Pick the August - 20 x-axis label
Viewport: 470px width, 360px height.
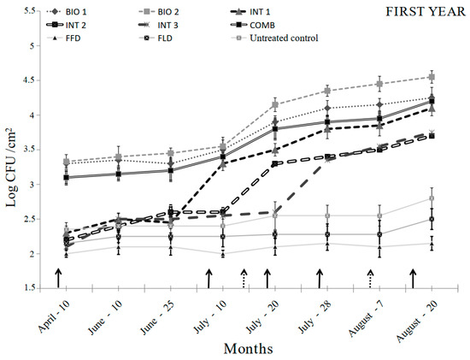coord(414,316)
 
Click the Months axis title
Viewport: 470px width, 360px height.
coord(249,349)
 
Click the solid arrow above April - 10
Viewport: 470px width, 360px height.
coord(58,277)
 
